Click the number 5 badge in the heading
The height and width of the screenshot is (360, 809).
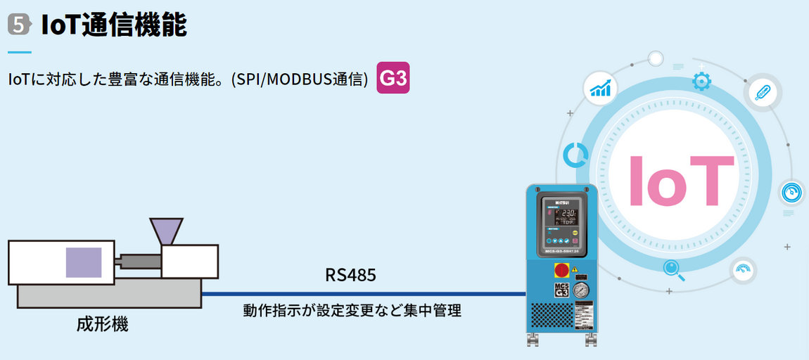19,25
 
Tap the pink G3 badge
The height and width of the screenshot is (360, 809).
393,79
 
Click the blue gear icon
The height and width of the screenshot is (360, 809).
701,82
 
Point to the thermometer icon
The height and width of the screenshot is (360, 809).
761,91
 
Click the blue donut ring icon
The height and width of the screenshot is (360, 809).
575,154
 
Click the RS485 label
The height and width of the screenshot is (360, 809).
350,275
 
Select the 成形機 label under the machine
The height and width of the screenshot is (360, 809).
103,325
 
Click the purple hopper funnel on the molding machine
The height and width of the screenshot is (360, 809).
166,231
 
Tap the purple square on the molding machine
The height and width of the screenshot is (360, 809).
84,262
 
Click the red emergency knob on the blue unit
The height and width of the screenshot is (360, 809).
562,271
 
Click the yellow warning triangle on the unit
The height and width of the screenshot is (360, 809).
576,269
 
